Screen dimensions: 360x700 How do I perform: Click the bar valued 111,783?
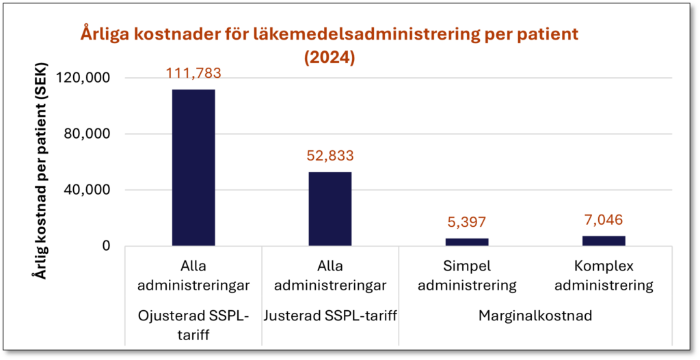(193, 167)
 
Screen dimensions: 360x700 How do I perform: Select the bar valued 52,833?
(330, 208)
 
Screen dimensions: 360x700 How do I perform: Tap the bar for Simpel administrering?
(467, 242)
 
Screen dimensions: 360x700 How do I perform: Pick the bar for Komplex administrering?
(604, 240)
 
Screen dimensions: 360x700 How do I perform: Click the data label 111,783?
(193, 73)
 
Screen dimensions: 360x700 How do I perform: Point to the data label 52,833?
(330, 156)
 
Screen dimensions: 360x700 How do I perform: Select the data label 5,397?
(467, 222)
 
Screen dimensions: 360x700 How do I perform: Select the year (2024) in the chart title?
(329, 58)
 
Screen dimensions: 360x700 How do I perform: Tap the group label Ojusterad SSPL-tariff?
(193, 324)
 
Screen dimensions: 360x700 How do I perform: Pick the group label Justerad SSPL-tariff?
(330, 316)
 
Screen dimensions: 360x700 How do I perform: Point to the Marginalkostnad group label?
(535, 316)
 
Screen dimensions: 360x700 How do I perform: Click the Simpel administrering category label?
(467, 275)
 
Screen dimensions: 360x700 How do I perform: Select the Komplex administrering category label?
(604, 275)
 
